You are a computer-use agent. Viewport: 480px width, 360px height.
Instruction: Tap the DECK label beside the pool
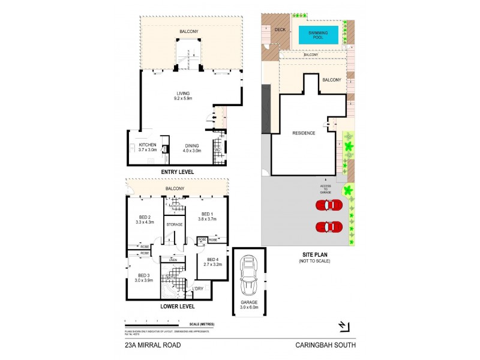click(280, 29)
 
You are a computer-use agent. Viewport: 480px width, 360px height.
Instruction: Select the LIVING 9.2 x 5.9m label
click(183, 96)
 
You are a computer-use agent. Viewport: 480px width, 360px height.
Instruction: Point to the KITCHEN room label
click(148, 148)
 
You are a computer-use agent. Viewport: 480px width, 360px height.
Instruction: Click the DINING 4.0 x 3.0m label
click(192, 148)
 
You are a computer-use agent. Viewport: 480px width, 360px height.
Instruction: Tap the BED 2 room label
click(144, 220)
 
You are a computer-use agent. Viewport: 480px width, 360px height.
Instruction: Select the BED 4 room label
click(212, 261)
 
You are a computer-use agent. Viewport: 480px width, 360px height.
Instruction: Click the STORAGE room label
click(175, 224)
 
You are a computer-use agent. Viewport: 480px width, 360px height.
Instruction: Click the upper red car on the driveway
click(329, 205)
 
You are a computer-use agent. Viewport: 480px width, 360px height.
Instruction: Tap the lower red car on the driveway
click(329, 227)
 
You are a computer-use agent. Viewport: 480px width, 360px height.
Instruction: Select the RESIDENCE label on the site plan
click(304, 133)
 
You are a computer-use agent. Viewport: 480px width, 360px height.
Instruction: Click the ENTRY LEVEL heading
click(176, 172)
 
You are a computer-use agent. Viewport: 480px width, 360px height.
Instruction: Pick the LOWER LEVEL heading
click(176, 306)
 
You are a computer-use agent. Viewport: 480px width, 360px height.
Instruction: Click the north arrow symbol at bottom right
click(343, 326)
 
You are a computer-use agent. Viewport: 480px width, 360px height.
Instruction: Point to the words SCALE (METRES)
click(200, 325)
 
